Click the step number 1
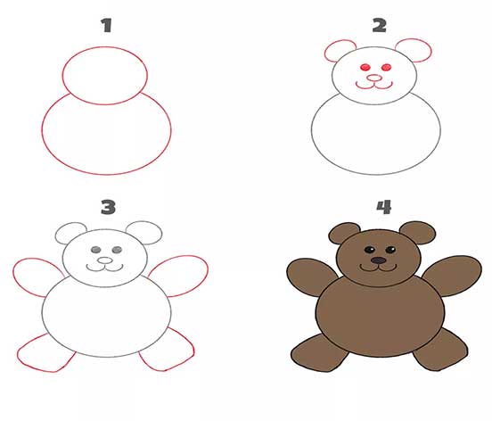pyautogui.click(x=107, y=26)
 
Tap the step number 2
pyautogui.click(x=380, y=26)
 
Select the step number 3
pyautogui.click(x=108, y=207)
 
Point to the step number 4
pyautogui.click(x=384, y=207)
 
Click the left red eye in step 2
pyautogui.click(x=365, y=67)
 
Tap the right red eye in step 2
pyautogui.click(x=387, y=67)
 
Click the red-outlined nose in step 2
pyautogui.click(x=374, y=78)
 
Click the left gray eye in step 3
pyautogui.click(x=96, y=250)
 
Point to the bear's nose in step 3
pyautogui.click(x=105, y=260)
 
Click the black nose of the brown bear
pyautogui.click(x=379, y=260)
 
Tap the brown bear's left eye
pyautogui.click(x=369, y=250)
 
